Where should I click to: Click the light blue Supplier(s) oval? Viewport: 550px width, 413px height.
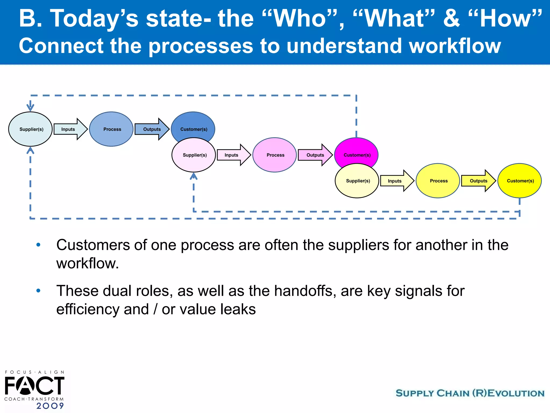(x=30, y=129)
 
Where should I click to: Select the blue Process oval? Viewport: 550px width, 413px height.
(x=111, y=129)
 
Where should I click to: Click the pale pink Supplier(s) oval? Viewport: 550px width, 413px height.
(x=194, y=155)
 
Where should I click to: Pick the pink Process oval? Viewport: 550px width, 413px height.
(x=274, y=155)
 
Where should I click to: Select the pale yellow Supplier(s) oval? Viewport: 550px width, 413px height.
(x=357, y=181)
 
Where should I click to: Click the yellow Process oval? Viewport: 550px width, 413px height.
(x=438, y=181)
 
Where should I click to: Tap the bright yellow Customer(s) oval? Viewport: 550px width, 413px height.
(x=519, y=181)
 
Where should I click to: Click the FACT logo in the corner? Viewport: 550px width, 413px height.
(x=34, y=385)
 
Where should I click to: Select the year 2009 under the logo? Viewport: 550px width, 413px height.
(x=50, y=406)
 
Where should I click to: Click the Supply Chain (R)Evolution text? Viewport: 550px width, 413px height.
(x=470, y=393)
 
